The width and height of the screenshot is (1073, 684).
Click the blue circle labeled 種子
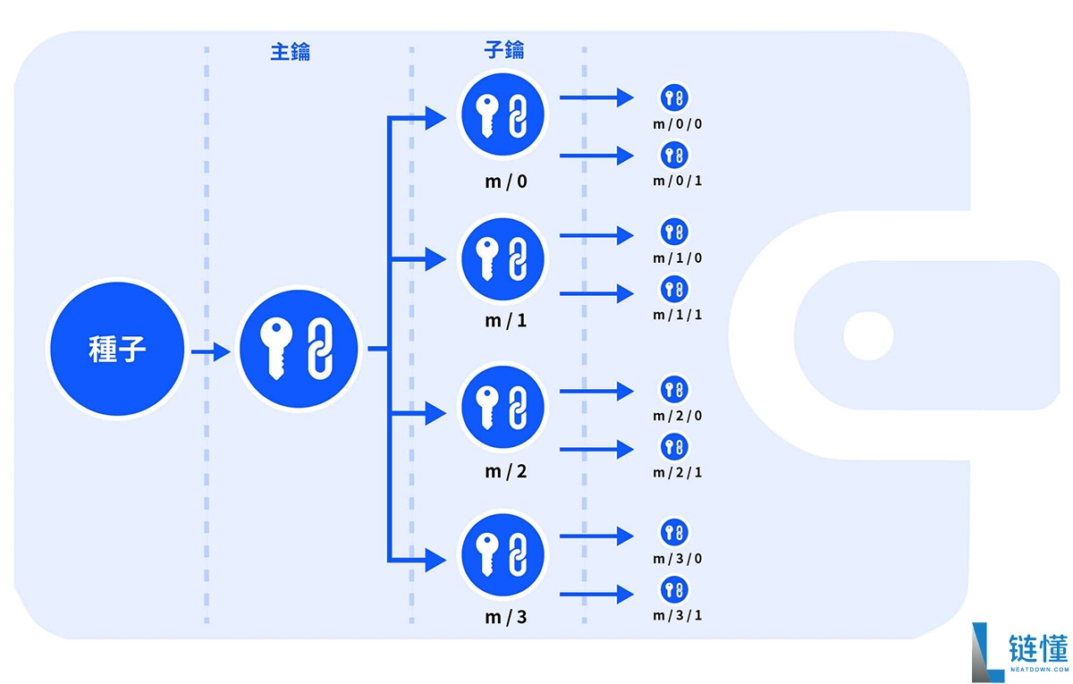[117, 349]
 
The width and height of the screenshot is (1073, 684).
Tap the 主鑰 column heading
[291, 52]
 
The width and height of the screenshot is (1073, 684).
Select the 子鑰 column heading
[504, 50]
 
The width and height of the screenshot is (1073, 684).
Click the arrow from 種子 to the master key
[211, 351]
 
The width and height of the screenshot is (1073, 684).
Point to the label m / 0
[506, 182]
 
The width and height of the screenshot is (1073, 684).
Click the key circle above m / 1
[503, 259]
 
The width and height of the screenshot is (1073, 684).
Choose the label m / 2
[506, 471]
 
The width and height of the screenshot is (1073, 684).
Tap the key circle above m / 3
[503, 554]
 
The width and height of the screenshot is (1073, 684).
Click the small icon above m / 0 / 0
[674, 97]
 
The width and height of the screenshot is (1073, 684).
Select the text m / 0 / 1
[678, 181]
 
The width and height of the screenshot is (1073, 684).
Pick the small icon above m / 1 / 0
[674, 232]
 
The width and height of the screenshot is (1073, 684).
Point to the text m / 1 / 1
[678, 315]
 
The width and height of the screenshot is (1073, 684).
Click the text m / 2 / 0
[678, 415]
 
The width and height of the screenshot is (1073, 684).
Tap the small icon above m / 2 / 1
[674, 447]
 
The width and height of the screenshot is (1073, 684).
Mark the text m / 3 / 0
[678, 559]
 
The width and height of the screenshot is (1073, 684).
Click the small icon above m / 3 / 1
[674, 589]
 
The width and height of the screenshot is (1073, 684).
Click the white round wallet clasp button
[868, 336]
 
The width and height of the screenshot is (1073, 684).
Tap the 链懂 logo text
[1038, 647]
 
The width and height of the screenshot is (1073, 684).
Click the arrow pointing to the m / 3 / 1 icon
[597, 595]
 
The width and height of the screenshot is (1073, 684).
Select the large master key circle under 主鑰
[299, 349]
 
